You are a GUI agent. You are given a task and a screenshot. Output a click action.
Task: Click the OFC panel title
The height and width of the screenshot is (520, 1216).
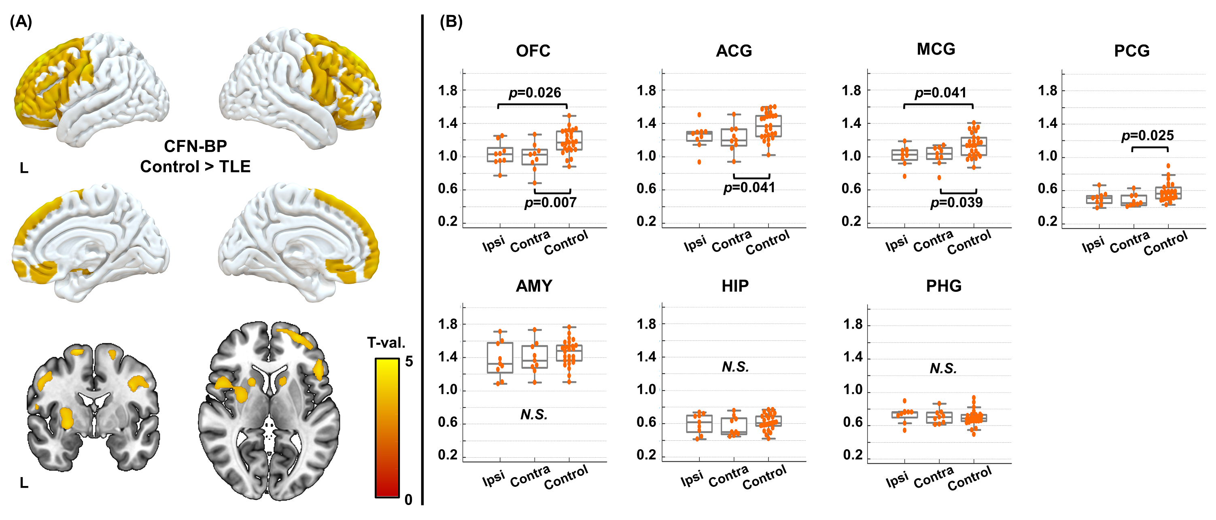click(x=533, y=51)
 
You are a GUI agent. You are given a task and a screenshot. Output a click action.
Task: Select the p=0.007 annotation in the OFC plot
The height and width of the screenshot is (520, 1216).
click(x=550, y=203)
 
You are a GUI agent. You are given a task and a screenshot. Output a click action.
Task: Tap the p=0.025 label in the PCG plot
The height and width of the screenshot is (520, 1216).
click(x=1148, y=136)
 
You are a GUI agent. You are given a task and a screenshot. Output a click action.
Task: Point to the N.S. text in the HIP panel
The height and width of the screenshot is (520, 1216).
click(x=735, y=367)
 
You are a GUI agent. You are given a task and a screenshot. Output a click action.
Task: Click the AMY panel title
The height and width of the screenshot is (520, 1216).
click(x=534, y=286)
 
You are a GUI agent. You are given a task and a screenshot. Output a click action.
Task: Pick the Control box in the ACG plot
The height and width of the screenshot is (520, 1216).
click(x=768, y=126)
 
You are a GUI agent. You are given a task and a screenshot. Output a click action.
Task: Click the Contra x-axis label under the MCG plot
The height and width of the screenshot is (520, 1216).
click(x=933, y=241)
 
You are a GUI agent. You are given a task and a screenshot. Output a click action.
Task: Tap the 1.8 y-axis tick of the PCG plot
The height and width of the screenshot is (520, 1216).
click(x=1048, y=91)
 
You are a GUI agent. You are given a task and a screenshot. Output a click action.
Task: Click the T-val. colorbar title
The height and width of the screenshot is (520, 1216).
click(x=386, y=343)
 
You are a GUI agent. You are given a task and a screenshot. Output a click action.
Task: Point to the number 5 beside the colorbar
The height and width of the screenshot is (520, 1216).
click(x=409, y=361)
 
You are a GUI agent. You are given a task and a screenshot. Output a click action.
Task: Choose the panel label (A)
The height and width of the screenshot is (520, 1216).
click(x=21, y=22)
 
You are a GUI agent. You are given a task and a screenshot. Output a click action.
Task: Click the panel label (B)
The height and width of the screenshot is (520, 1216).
click(x=451, y=22)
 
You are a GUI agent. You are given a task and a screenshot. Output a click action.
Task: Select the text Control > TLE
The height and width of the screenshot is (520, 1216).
click(x=195, y=167)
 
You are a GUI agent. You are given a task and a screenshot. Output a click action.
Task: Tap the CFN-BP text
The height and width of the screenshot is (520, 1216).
click(x=195, y=146)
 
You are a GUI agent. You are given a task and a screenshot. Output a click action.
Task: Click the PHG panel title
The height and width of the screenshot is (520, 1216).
click(x=944, y=286)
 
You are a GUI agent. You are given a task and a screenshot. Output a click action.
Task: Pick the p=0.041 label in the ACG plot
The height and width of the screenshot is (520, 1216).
click(x=749, y=188)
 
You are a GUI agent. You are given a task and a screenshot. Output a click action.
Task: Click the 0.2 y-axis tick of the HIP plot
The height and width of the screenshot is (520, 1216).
click(x=646, y=455)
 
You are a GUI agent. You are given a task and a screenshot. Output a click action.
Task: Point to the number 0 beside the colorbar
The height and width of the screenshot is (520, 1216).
click(x=408, y=499)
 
